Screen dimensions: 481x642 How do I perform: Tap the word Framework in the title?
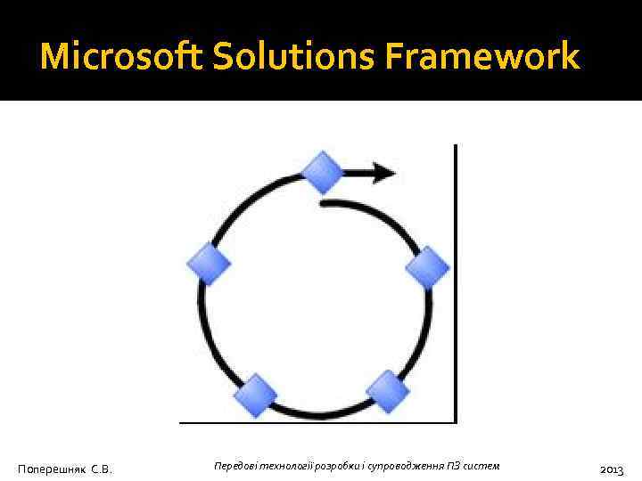click(482, 58)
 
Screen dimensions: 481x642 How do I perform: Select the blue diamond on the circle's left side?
click(210, 264)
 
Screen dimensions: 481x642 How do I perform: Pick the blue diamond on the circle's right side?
click(428, 268)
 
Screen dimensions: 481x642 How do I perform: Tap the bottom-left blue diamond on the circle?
click(257, 394)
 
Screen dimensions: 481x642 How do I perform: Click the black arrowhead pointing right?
click(383, 172)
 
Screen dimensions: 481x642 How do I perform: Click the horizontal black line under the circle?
click(317, 421)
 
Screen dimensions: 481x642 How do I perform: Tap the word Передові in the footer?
click(235, 467)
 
